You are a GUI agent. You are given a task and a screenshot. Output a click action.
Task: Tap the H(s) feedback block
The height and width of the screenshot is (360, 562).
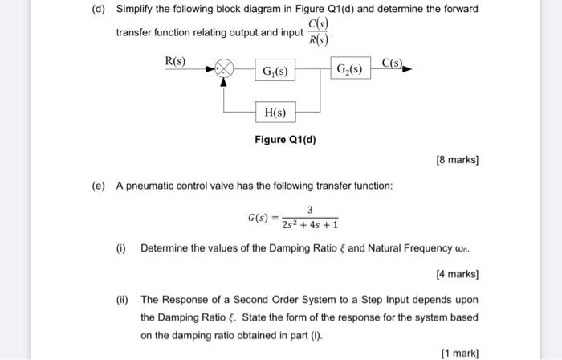pyautogui.click(x=275, y=112)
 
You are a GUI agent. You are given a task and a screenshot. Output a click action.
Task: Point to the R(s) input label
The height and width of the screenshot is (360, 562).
pyautogui.click(x=175, y=61)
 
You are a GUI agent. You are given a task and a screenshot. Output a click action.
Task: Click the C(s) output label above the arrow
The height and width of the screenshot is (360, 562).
pyautogui.click(x=393, y=63)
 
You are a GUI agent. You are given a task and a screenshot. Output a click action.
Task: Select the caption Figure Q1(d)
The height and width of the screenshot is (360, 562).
pyautogui.click(x=285, y=141)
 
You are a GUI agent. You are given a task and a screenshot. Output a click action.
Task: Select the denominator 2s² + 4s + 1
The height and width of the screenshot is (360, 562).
pyautogui.click(x=309, y=225)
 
